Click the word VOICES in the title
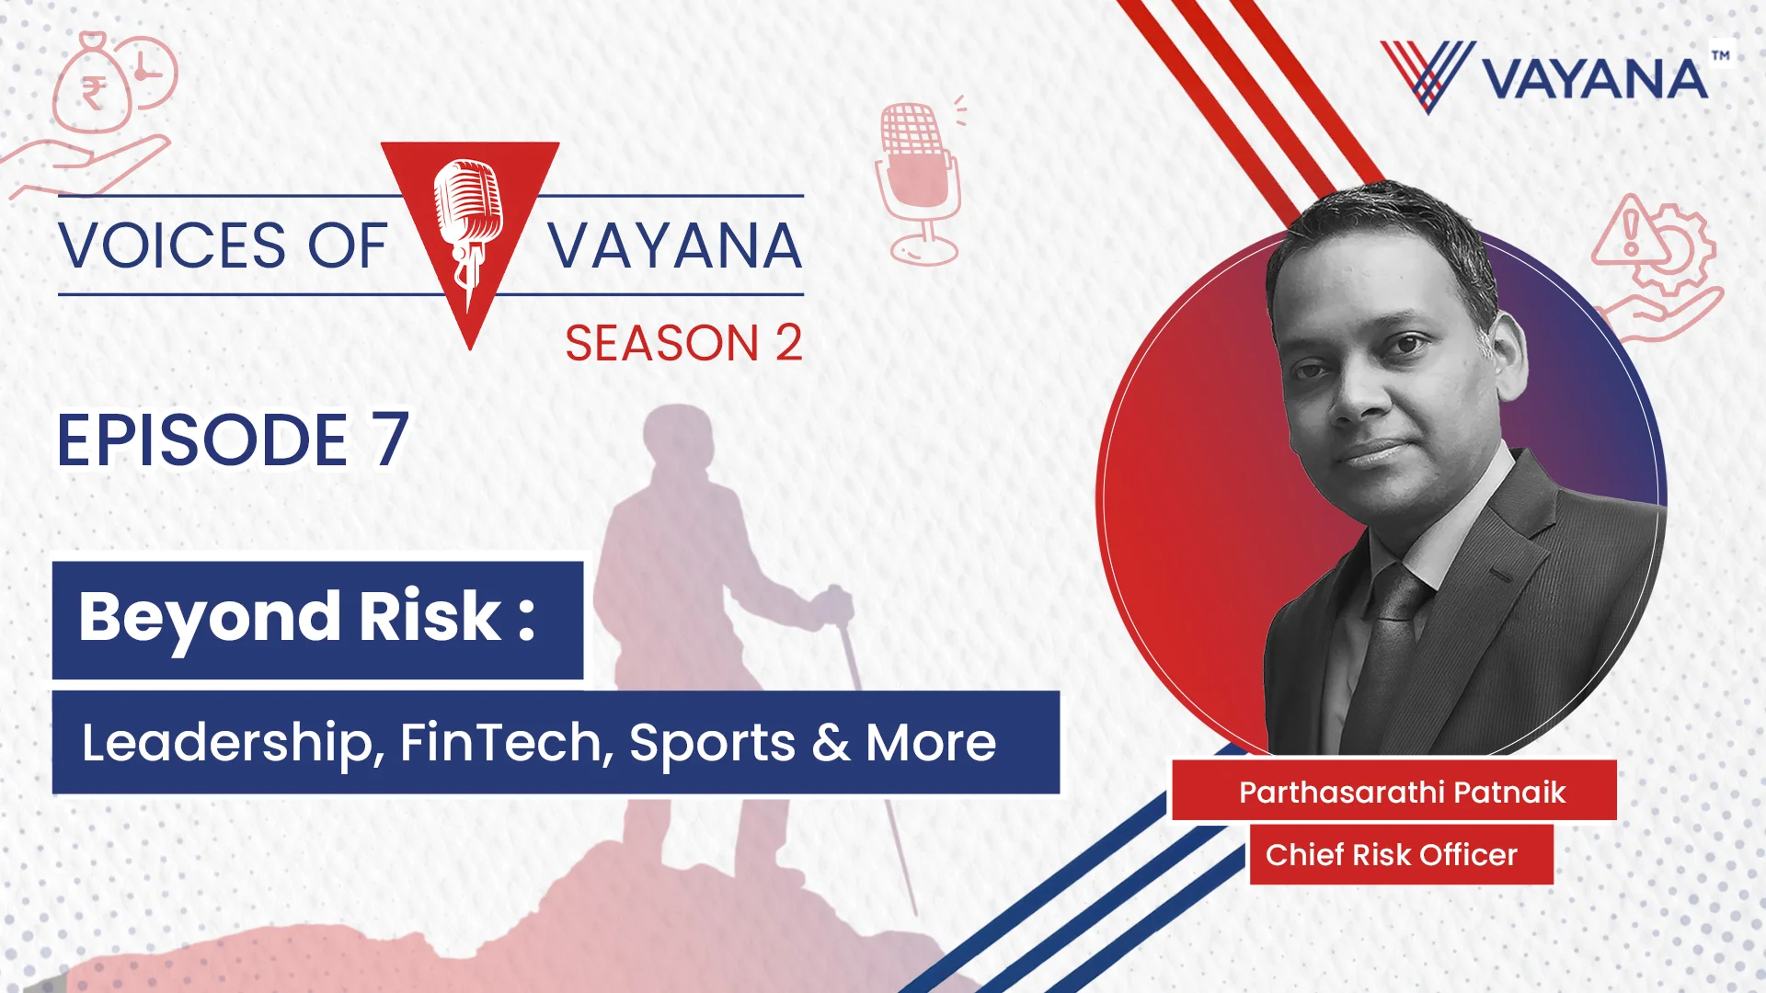pyautogui.click(x=173, y=246)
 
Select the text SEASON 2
pyautogui.click(x=683, y=343)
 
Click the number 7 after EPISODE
pyautogui.click(x=391, y=439)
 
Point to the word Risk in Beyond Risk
pyautogui.click(x=430, y=615)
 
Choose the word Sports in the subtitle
pyautogui.click(x=713, y=743)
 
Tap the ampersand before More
pyautogui.click(x=831, y=743)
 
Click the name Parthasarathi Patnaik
pyautogui.click(x=1402, y=792)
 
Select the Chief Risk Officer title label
pyautogui.click(x=1391, y=854)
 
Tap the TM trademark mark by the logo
pyautogui.click(x=1720, y=55)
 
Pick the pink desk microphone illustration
pyautogui.click(x=918, y=184)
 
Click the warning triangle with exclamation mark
pyautogui.click(x=1631, y=230)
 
